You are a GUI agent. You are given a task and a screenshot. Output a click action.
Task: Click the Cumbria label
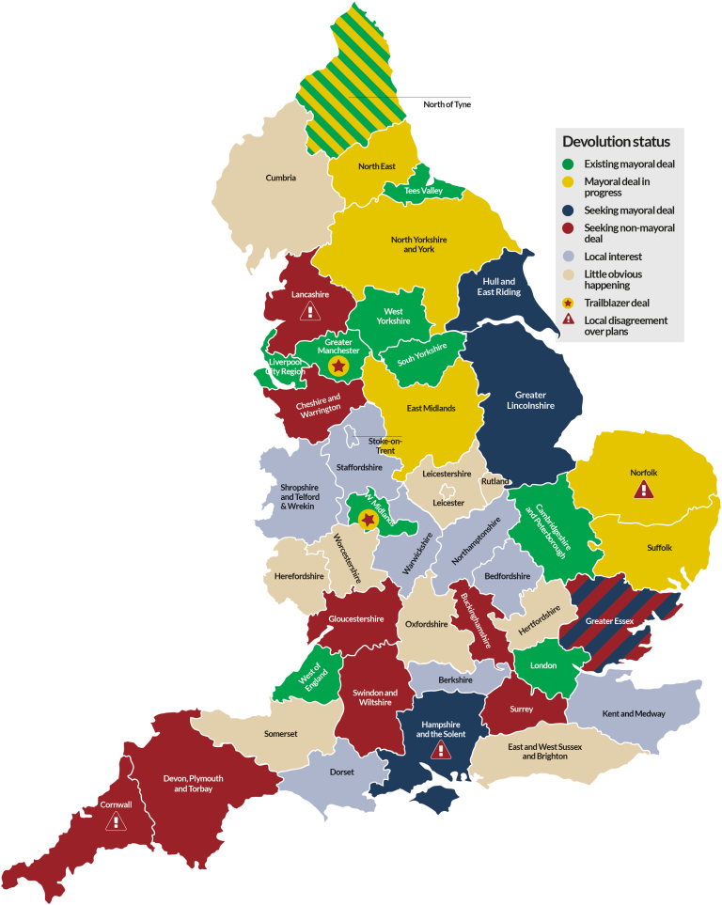(x=280, y=178)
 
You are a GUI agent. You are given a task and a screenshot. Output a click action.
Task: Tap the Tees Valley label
(x=423, y=191)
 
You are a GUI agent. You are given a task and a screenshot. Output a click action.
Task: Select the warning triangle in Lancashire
(x=307, y=311)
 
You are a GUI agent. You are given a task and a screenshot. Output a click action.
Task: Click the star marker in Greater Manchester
(x=337, y=366)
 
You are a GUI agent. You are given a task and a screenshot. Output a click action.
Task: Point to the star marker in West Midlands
(x=368, y=519)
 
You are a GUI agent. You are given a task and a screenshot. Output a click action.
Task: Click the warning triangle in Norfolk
(x=643, y=489)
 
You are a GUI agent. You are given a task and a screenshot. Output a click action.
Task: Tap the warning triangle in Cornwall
(x=116, y=821)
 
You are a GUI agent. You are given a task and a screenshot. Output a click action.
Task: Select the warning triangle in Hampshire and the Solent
(x=440, y=750)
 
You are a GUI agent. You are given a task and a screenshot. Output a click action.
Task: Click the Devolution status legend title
(x=616, y=142)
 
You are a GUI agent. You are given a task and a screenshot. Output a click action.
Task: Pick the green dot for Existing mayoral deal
(x=569, y=164)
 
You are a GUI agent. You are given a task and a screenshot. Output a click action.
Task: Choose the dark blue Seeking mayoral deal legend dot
(x=569, y=211)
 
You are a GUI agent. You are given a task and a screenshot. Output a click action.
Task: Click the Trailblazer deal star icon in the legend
(x=569, y=303)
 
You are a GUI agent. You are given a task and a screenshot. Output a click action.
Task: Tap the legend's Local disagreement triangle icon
(x=569, y=320)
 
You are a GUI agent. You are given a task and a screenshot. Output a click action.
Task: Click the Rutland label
(x=494, y=482)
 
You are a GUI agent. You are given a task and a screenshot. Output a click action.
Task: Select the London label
(x=543, y=664)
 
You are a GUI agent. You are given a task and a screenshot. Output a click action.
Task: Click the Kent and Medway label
(x=634, y=713)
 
